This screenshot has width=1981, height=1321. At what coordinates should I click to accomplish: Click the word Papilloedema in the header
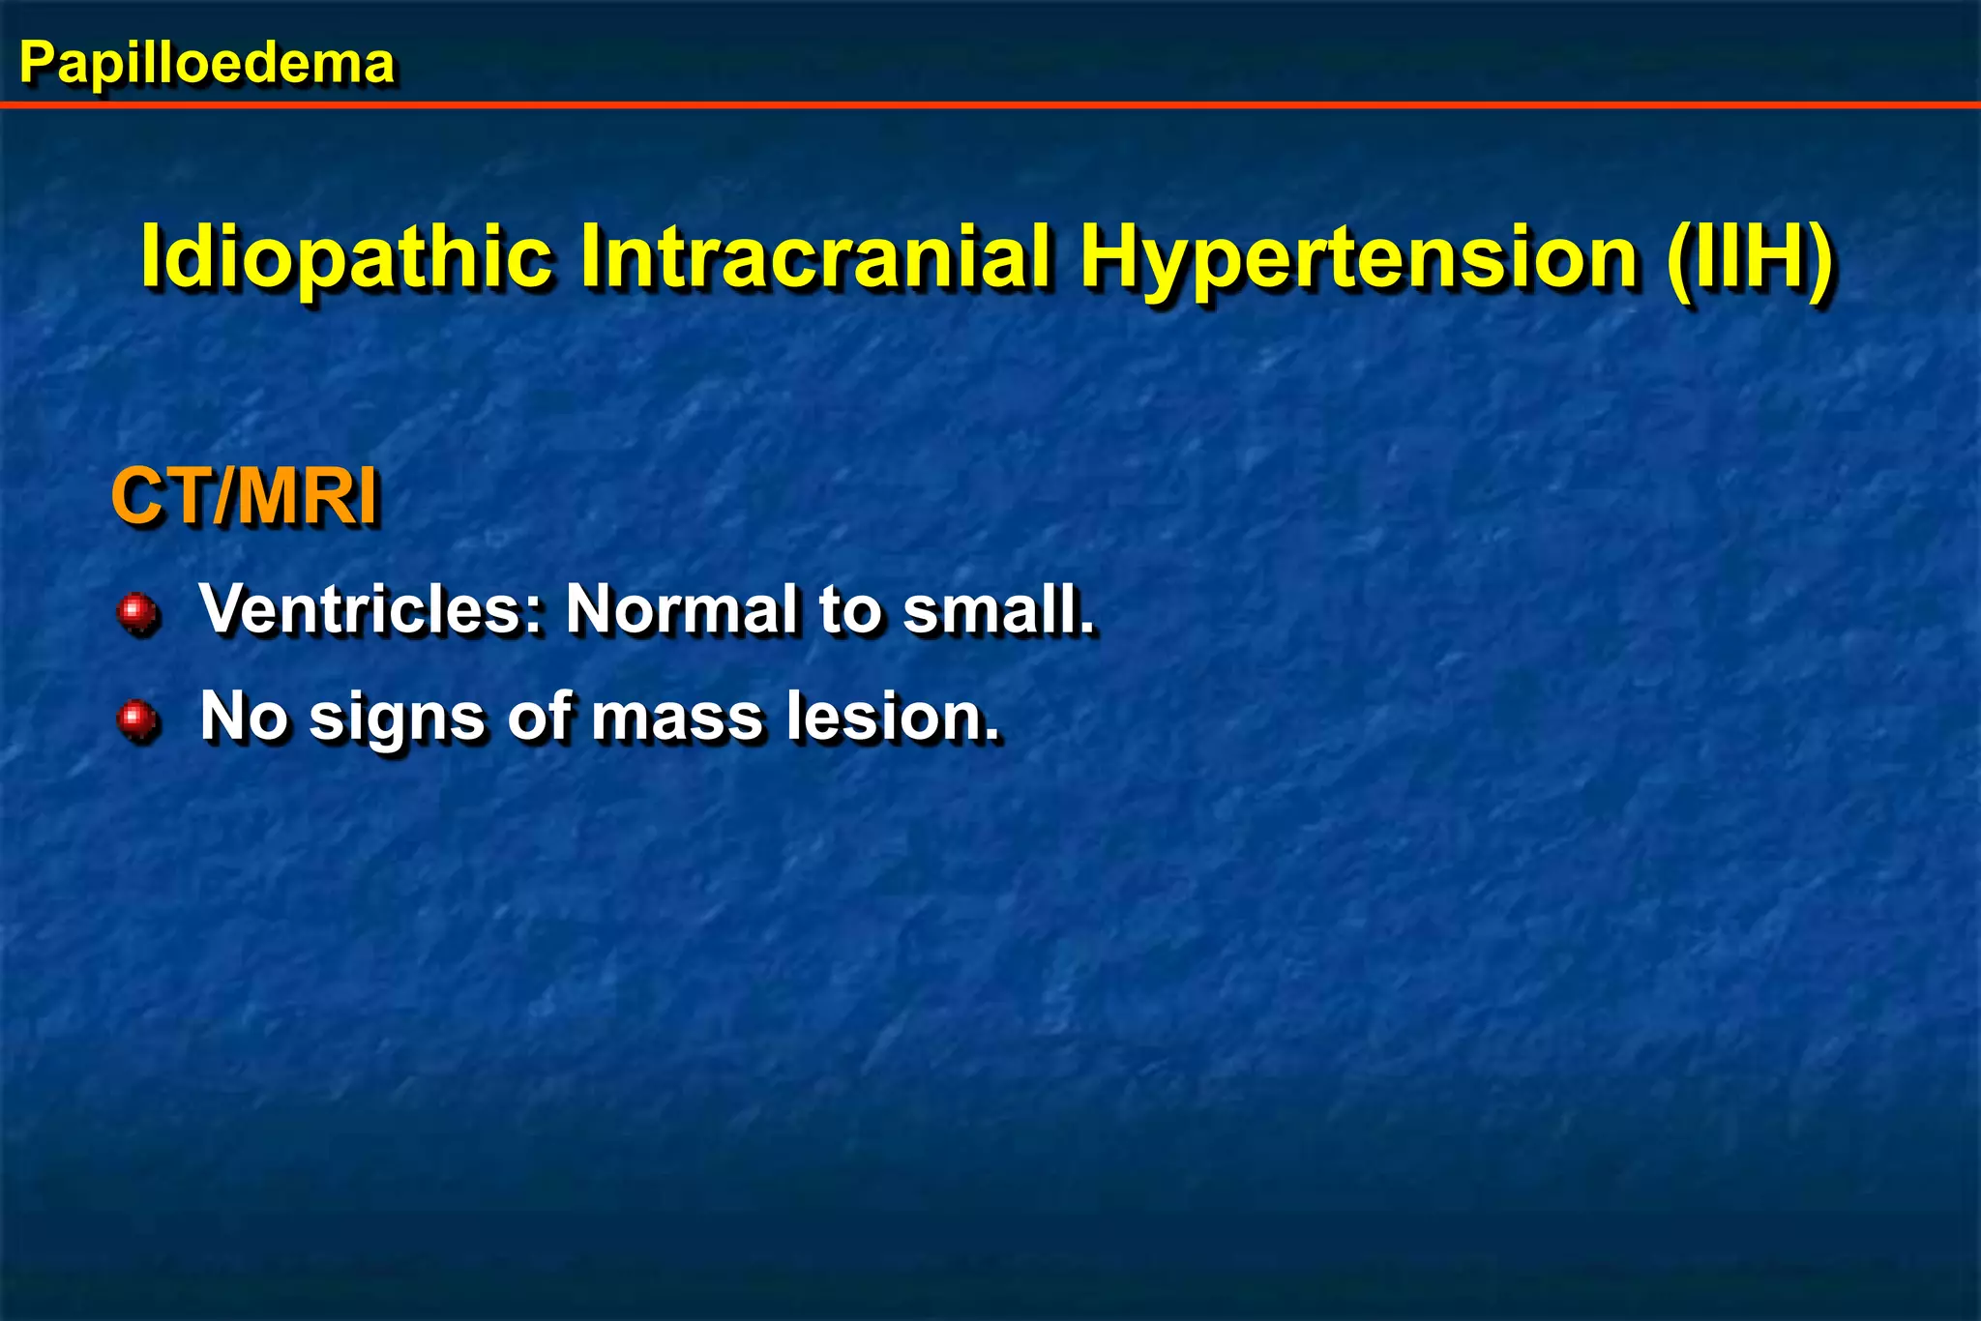(206, 64)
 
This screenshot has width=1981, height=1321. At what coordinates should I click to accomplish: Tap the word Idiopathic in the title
(346, 256)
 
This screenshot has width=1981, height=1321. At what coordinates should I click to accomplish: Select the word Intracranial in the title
(814, 256)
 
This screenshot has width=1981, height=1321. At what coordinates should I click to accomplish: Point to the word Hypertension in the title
(1358, 256)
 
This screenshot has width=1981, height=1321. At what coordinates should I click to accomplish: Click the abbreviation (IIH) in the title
(1749, 256)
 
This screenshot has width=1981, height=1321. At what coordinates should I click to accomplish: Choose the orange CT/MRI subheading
(245, 497)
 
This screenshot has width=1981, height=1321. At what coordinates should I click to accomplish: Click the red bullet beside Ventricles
(137, 612)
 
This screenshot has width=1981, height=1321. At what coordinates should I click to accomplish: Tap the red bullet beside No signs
(137, 719)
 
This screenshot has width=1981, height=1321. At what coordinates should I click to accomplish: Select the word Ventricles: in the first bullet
(371, 609)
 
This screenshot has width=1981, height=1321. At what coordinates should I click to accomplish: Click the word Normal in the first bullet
(681, 609)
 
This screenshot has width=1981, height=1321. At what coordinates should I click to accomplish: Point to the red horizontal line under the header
(990, 104)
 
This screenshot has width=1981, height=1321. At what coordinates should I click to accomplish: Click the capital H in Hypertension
(1114, 256)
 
